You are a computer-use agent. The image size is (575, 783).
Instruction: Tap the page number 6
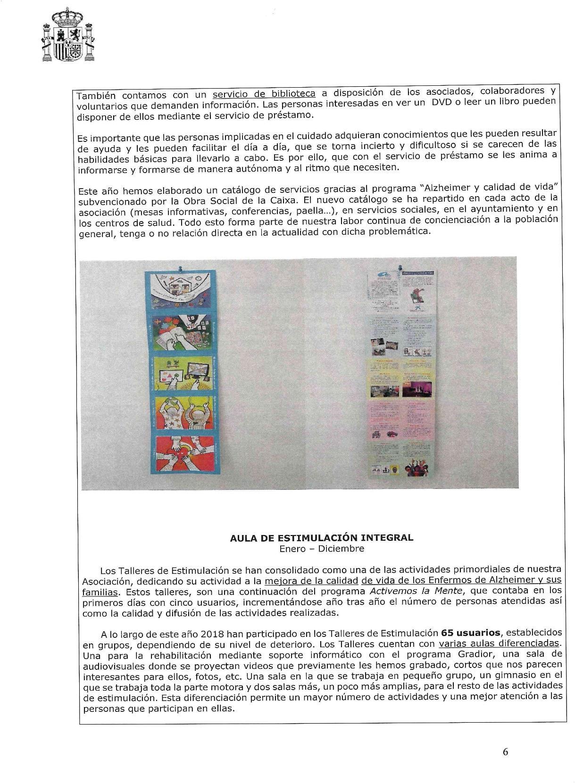(505, 752)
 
